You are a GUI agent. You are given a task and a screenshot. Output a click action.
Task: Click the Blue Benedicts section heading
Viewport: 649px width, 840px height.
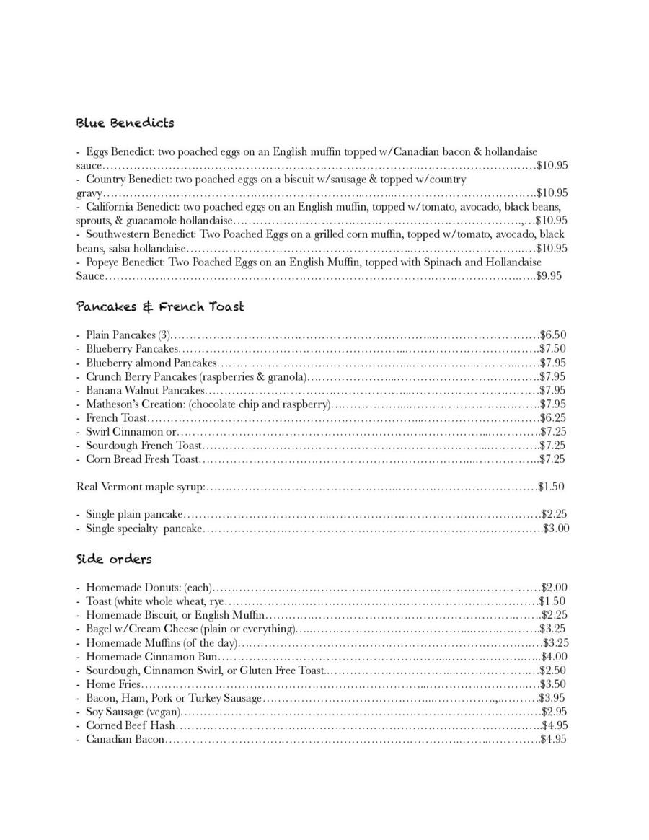click(125, 123)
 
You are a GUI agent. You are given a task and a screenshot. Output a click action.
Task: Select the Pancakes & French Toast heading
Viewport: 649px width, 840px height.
click(160, 307)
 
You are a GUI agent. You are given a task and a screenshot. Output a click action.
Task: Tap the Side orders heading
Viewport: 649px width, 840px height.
click(114, 560)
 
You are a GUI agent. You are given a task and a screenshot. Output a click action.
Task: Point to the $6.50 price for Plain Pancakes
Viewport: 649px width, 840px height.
click(553, 335)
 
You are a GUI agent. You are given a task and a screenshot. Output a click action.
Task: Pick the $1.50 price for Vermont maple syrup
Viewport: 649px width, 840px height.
click(552, 487)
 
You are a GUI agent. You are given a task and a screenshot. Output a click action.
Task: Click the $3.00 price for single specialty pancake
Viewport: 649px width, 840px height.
click(556, 529)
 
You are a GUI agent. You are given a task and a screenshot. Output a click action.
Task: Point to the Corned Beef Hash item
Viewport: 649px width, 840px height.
click(131, 725)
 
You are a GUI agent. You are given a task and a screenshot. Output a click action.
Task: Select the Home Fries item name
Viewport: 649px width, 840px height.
click(113, 684)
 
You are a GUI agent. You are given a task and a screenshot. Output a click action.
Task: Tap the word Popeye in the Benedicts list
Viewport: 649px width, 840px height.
click(104, 262)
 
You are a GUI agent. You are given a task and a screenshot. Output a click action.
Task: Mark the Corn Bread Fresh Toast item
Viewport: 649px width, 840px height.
click(142, 459)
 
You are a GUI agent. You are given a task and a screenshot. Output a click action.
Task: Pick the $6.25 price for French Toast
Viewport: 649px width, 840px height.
click(553, 418)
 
